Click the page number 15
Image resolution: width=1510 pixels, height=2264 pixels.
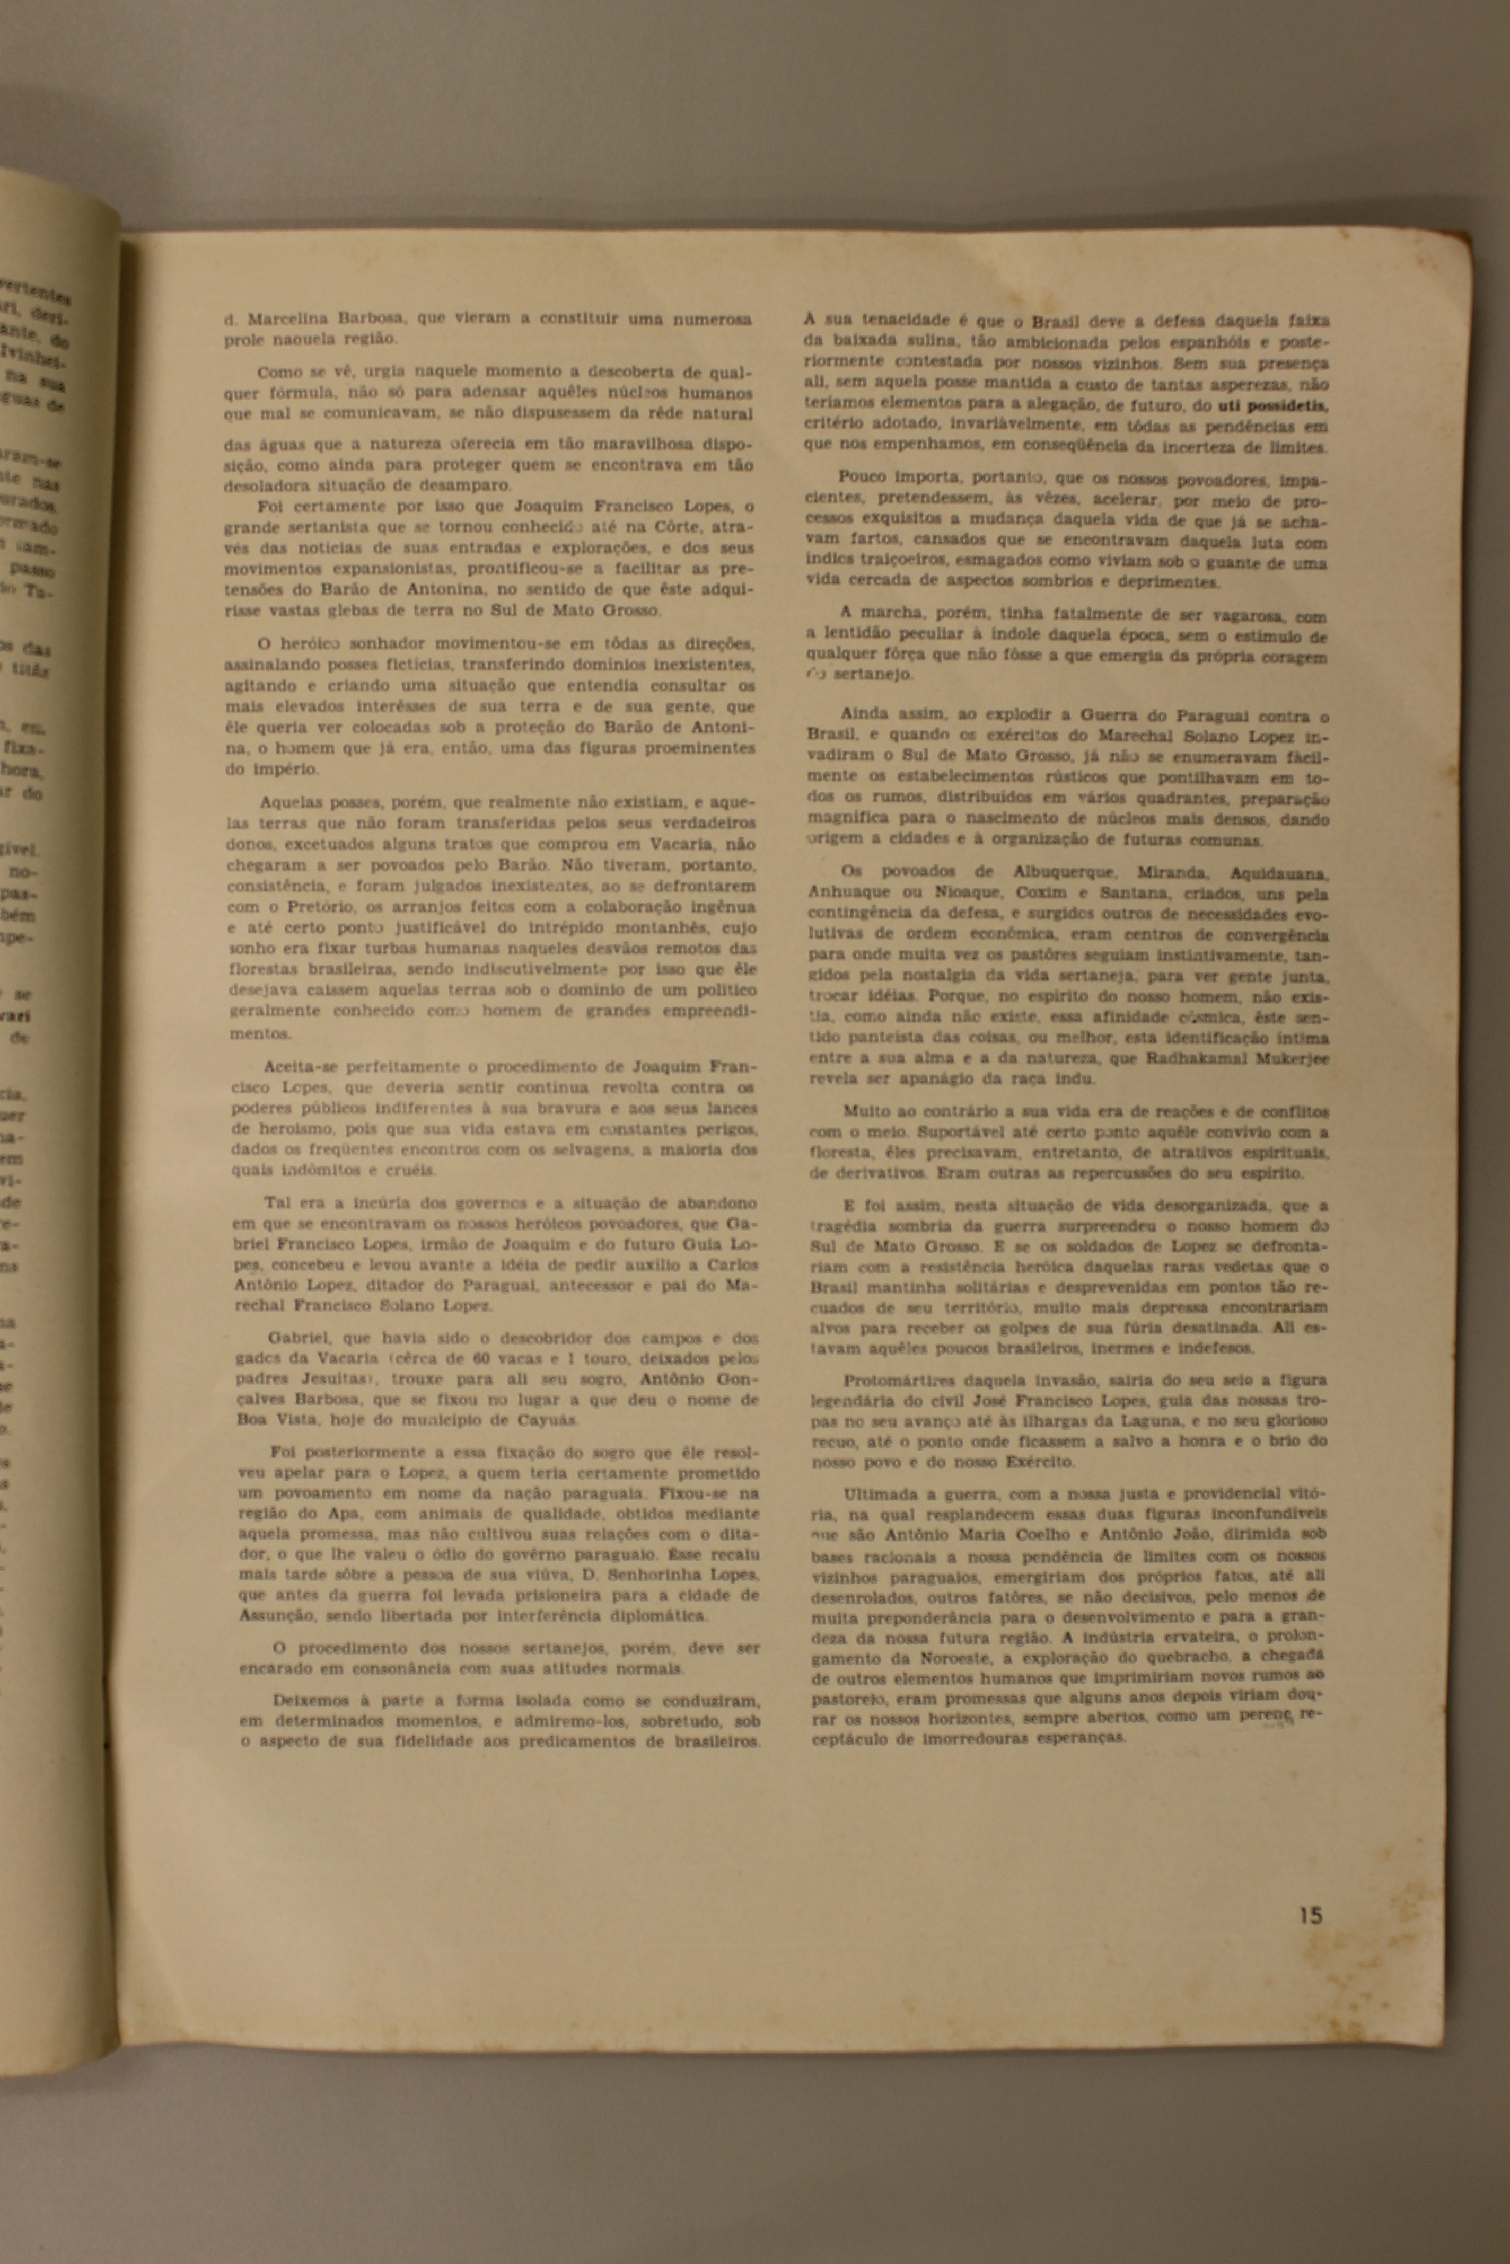click(1310, 1915)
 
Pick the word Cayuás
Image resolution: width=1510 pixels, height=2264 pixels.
click(548, 1420)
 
